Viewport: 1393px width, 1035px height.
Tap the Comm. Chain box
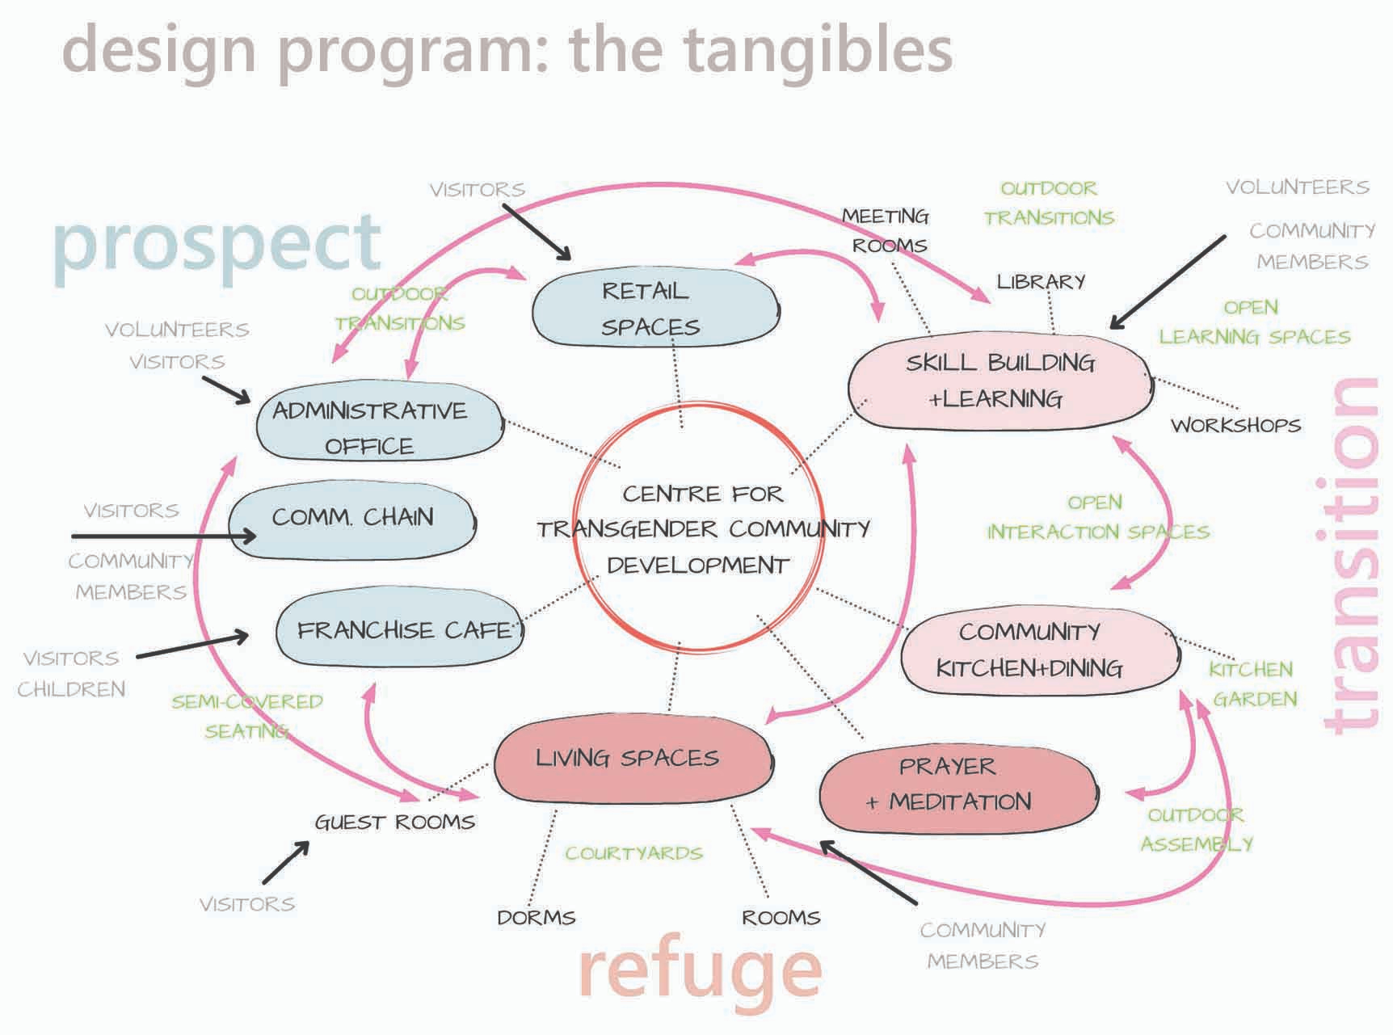click(x=352, y=518)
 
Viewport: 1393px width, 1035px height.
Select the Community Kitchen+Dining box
click(x=1037, y=650)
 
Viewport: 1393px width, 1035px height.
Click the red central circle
click(x=698, y=529)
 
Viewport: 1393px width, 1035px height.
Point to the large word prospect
click(x=217, y=242)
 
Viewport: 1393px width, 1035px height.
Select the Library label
click(x=1041, y=282)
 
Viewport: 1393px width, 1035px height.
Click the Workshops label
click(x=1235, y=426)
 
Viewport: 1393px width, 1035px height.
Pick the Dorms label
click(x=536, y=918)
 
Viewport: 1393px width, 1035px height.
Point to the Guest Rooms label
click(x=394, y=823)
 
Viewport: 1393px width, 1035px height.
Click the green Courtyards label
click(x=633, y=853)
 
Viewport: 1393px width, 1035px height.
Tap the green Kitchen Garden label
click(x=1252, y=684)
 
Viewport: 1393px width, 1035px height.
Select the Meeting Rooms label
click(x=887, y=230)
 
